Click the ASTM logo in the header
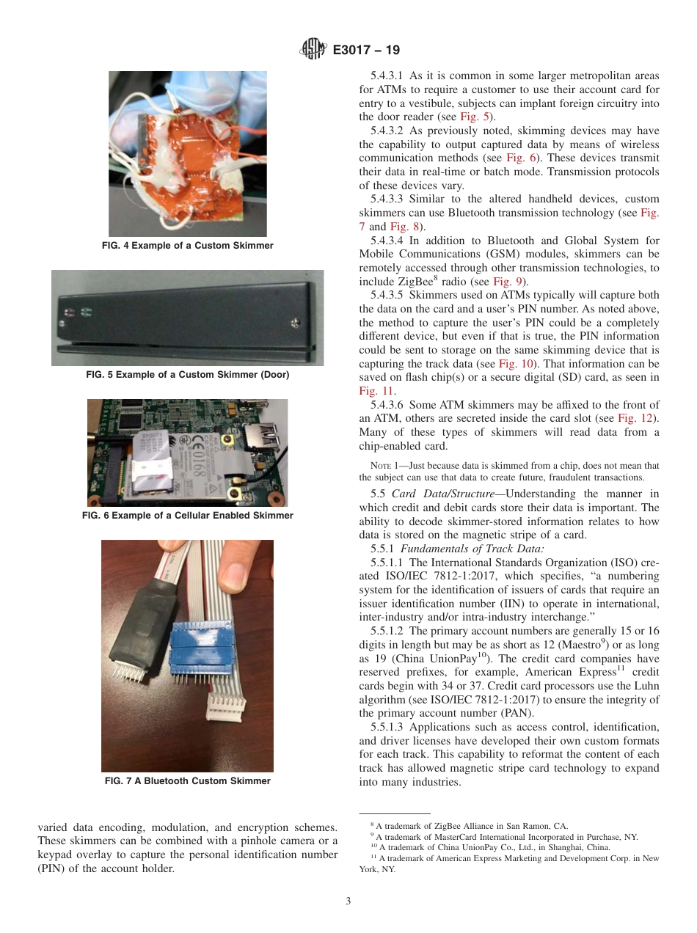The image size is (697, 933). click(313, 50)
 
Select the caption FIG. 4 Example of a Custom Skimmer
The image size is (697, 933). click(187, 246)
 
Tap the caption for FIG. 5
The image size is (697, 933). click(187, 375)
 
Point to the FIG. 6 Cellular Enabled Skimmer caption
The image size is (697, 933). click(187, 516)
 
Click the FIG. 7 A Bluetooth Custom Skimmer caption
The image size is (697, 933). click(187, 781)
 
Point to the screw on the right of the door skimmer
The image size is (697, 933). click(295, 321)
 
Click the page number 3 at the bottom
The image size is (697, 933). click(348, 901)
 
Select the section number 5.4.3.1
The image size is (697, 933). click(387, 76)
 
